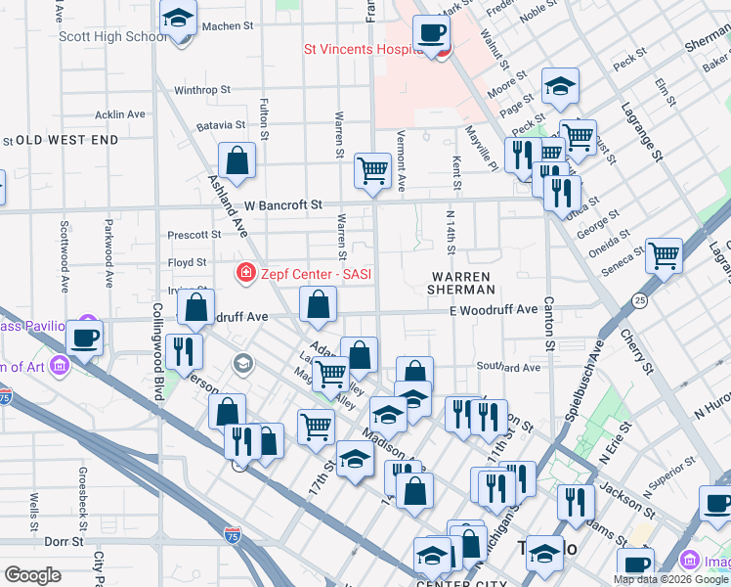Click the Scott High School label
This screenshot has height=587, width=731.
(x=112, y=37)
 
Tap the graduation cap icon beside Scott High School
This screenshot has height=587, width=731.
(x=179, y=19)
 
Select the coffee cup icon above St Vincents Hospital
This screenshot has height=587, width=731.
(x=431, y=33)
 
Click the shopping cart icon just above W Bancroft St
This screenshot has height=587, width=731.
(x=372, y=170)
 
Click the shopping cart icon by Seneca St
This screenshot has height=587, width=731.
(x=664, y=256)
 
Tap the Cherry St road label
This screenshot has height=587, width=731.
(x=636, y=349)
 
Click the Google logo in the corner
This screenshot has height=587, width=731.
(x=32, y=575)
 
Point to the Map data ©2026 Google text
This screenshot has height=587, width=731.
(x=670, y=579)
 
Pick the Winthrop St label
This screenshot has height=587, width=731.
(x=201, y=90)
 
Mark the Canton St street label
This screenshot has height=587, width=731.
(x=549, y=324)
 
